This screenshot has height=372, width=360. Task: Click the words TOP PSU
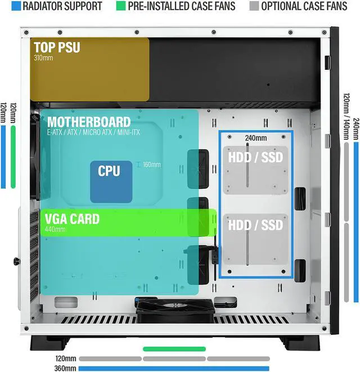click(x=57, y=47)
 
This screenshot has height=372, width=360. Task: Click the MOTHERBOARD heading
click(x=89, y=122)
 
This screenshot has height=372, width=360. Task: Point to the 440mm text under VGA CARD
click(x=55, y=229)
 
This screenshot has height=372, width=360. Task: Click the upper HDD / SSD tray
click(x=255, y=169)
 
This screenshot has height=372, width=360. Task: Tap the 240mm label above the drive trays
click(x=256, y=138)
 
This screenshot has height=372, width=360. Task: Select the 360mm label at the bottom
click(x=65, y=369)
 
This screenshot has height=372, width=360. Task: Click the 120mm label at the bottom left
click(x=65, y=358)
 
